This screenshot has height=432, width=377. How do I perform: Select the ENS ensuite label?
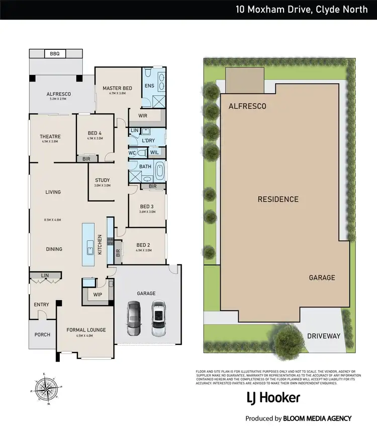click(x=149, y=86)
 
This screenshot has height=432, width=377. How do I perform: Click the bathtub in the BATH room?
click(x=160, y=171)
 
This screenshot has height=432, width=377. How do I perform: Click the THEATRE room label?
click(x=50, y=136)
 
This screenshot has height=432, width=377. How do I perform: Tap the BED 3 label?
click(x=147, y=206)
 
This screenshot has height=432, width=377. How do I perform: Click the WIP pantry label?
click(x=98, y=295)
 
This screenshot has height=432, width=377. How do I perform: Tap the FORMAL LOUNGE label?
click(x=86, y=330)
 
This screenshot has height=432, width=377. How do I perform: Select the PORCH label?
click(x=42, y=334)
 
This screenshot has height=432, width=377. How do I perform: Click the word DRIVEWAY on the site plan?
click(x=324, y=335)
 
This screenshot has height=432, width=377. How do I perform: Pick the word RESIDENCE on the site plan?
click(x=278, y=199)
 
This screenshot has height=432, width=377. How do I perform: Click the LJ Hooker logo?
click(x=273, y=398)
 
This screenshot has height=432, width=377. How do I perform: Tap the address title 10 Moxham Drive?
click(x=302, y=9)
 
